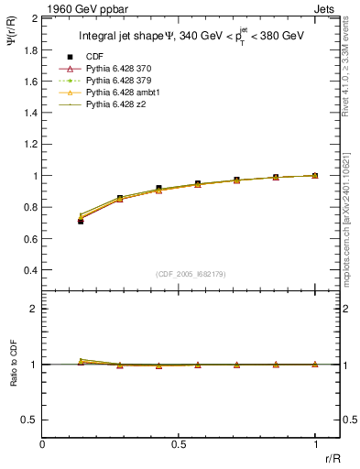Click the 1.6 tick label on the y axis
pos(29,81)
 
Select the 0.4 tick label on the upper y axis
pos(29,270)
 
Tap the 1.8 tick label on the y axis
pos(29,49)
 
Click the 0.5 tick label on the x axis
pos(179,444)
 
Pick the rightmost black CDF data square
pos(315,175)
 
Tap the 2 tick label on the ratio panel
pos(33,309)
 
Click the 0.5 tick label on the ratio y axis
pos(29,420)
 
